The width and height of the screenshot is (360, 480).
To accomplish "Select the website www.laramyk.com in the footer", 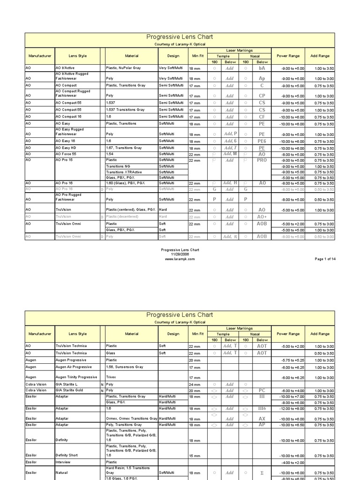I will (x=180, y=259).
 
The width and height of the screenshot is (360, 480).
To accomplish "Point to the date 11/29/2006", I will (x=180, y=254).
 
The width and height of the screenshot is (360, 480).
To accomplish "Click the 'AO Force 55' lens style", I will (x=68, y=154).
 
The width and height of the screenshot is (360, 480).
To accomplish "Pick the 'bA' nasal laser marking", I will (x=262, y=68).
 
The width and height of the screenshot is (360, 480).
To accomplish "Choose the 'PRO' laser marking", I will (x=262, y=160).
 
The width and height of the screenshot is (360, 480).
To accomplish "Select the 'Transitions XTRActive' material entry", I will (x=124, y=172).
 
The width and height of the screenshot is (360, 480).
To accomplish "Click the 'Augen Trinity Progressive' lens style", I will (x=76, y=377).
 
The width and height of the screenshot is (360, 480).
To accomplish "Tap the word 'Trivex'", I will (x=112, y=377).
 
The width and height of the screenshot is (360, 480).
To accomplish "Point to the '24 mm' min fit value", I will (x=194, y=384).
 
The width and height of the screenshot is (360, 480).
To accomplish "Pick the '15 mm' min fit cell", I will (x=194, y=456).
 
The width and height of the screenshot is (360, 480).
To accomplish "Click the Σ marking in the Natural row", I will (x=262, y=473).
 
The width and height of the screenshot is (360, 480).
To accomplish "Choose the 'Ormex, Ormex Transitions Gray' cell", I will (x=131, y=419).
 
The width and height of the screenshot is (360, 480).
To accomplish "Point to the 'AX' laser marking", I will (x=262, y=419).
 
